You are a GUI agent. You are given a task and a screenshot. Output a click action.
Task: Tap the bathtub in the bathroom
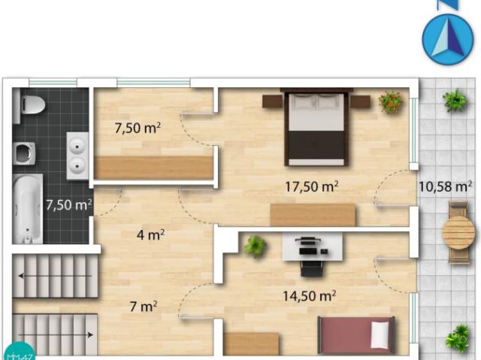click(28, 209)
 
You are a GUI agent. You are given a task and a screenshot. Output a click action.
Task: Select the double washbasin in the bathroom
click(77, 156)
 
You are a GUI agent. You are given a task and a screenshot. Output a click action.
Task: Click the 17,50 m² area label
click(312, 186)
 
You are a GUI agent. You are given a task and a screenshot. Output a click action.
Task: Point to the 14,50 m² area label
click(309, 296)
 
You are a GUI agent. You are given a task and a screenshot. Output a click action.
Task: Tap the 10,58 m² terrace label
click(445, 186)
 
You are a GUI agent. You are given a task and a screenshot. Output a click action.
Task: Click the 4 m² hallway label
click(150, 235)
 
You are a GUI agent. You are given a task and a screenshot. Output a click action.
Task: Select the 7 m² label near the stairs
click(144, 307)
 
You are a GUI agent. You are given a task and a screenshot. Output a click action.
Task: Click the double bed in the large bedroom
click(316, 127)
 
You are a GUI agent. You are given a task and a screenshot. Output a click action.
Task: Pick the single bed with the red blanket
click(355, 336)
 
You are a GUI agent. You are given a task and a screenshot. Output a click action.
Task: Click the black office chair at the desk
click(312, 268)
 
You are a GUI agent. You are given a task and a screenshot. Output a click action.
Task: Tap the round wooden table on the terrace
click(458, 232)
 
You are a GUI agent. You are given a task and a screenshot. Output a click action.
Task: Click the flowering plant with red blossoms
click(391, 102)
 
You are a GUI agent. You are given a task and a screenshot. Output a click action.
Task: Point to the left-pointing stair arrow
click(55, 276)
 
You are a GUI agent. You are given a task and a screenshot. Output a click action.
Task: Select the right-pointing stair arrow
click(56, 334)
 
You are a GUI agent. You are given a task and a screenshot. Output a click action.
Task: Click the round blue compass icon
click(448, 40)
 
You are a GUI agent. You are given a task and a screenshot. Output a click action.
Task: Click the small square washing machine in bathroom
click(24, 153)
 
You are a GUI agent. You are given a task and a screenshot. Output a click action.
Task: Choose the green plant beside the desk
click(255, 247)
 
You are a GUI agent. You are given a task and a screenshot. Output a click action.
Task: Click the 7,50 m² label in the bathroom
click(69, 205)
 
